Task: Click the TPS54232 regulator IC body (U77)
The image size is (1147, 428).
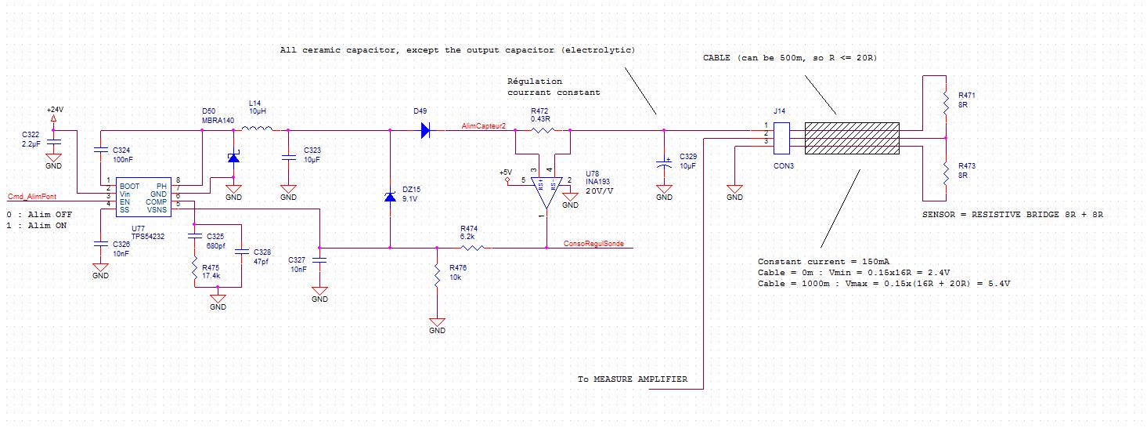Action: [143, 198]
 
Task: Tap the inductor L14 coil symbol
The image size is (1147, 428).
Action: [257, 128]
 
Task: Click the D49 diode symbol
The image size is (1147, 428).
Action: [425, 130]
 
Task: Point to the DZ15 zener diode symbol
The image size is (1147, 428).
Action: [390, 197]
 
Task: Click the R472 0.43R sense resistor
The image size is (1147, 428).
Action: [543, 130]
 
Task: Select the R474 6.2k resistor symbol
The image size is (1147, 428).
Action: [472, 248]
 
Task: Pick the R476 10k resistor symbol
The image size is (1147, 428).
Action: [437, 276]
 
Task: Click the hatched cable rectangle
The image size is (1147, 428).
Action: [852, 138]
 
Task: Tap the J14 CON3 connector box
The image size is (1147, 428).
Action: [781, 138]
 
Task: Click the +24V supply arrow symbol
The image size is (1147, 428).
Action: [53, 119]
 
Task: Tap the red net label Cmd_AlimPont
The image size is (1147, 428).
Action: [32, 196]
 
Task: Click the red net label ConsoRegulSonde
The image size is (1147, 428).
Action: [593, 244]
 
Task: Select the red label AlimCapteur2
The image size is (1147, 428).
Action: [483, 125]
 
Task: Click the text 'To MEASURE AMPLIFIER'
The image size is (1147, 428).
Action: [633, 379]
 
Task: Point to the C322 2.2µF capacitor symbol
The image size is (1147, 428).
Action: [53, 141]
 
